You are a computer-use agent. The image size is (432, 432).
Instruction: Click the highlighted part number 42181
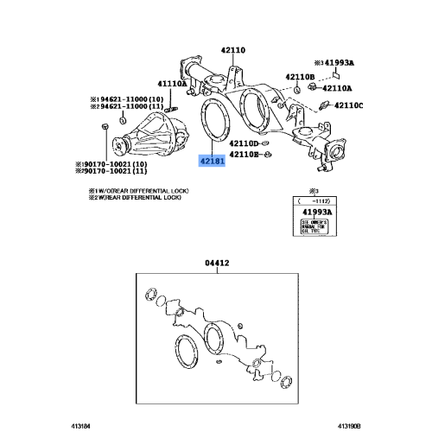pos(212,162)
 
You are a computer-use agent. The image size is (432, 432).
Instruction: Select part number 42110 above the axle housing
pos(232,50)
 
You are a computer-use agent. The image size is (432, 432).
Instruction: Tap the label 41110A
pos(171,84)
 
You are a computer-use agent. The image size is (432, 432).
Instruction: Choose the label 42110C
pos(347,105)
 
